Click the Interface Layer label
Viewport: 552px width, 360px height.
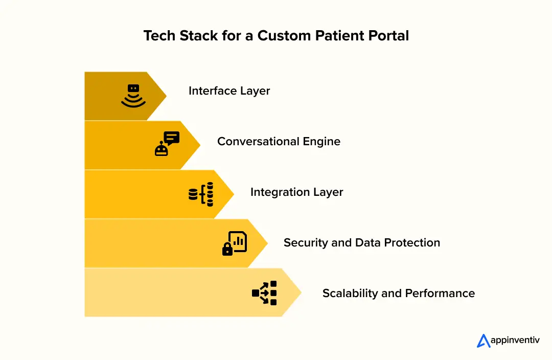pos(229,91)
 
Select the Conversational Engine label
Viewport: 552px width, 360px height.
pos(279,141)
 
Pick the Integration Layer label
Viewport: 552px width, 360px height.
pos(296,192)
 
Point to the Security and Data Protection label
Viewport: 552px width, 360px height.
pos(361,243)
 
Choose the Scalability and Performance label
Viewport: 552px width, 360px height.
pos(398,294)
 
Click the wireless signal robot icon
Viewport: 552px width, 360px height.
pos(133,96)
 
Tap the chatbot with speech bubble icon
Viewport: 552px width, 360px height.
pos(167,143)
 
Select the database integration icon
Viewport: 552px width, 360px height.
pos(201,194)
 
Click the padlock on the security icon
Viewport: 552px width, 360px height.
pos(227,249)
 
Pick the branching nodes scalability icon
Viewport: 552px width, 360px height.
pos(264,293)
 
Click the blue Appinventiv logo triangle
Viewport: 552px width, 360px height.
pos(484,341)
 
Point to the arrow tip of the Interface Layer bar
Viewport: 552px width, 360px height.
pos(163,96)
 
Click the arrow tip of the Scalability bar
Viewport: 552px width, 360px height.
pos(297,292)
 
